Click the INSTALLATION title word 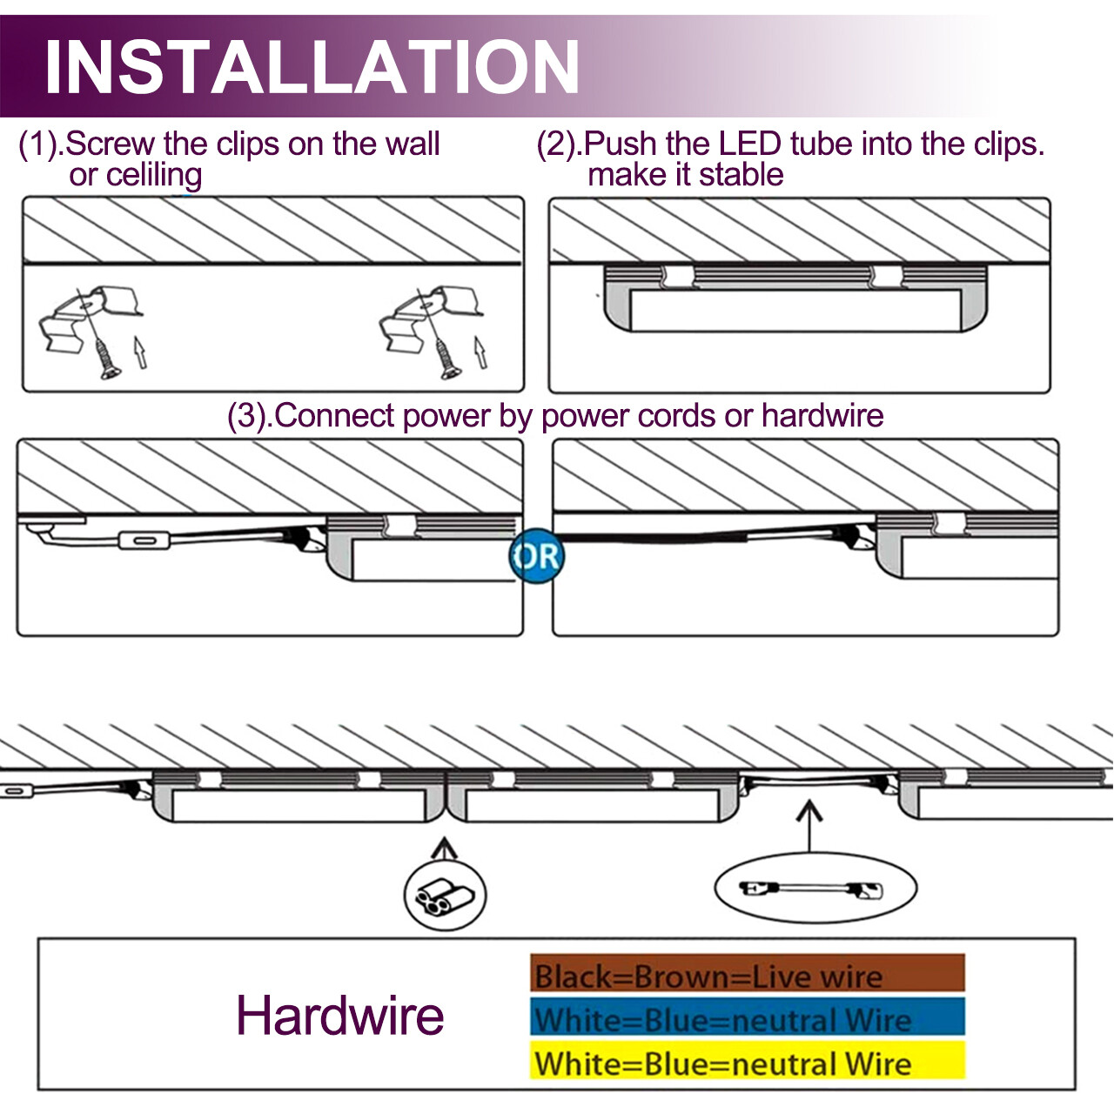coord(312,67)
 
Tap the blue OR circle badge coord(536,557)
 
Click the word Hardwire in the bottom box coord(339,1016)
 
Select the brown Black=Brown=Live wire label coord(747,975)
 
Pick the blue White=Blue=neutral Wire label coord(747,1018)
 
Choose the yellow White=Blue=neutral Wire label coord(747,1063)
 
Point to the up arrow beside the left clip coord(139,352)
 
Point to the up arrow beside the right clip coord(480,352)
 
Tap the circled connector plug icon coord(445,896)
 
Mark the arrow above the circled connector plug coord(445,849)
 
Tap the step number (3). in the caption coord(249,416)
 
